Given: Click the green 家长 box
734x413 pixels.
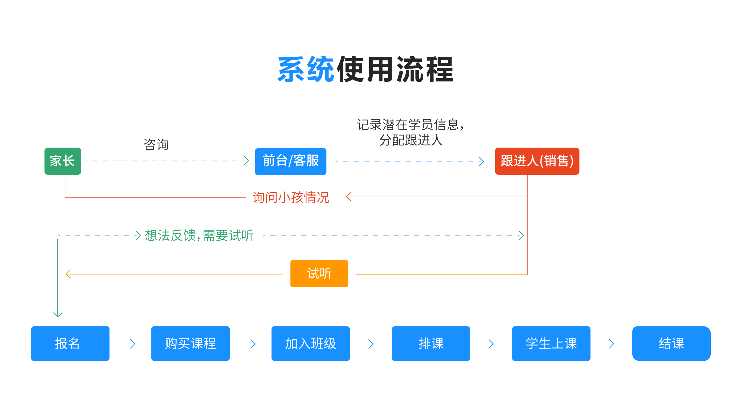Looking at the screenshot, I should [x=63, y=161].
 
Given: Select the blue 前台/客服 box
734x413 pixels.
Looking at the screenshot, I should [x=290, y=161].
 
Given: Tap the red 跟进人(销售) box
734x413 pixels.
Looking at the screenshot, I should [x=537, y=161].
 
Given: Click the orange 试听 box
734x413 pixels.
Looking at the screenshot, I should [x=319, y=273].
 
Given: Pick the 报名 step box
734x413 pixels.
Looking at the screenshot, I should [x=70, y=343].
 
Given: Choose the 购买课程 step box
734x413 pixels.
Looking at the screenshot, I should [x=190, y=343].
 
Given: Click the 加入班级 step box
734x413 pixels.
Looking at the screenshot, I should [x=311, y=343].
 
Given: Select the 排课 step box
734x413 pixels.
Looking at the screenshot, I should [x=431, y=343].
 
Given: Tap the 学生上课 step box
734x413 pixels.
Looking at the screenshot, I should [x=551, y=343].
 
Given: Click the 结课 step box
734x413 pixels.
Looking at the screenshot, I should [x=671, y=343].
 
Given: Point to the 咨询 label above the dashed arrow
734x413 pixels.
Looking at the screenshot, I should [x=156, y=144].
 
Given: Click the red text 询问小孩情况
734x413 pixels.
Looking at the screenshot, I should [x=291, y=197].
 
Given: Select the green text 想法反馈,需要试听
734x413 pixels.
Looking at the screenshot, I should [x=199, y=235].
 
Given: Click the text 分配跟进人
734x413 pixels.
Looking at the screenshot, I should [x=411, y=140].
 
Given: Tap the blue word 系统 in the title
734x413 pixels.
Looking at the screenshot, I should [x=306, y=70].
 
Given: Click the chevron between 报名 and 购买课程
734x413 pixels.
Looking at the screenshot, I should [x=132, y=344].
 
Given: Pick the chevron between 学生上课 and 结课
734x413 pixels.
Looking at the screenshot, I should [x=611, y=344].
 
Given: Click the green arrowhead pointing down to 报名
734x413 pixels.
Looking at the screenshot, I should [x=58, y=314].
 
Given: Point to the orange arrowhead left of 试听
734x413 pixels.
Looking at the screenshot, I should [x=68, y=274].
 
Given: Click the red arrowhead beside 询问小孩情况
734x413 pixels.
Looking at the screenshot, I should [x=349, y=196].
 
